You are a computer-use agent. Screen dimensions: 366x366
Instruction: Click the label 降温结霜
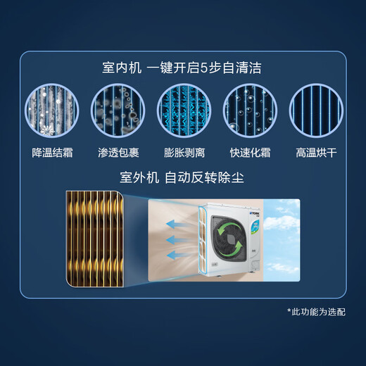53,151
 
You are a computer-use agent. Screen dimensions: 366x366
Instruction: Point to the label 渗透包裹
118,151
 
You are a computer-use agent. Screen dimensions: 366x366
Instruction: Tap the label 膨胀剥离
182,151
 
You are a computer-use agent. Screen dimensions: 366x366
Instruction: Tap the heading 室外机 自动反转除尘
182,177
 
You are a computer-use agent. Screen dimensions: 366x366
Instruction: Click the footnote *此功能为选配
316,311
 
